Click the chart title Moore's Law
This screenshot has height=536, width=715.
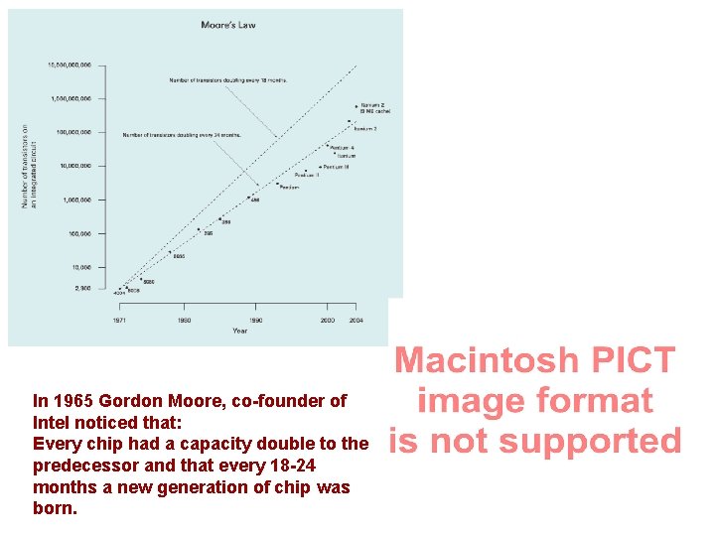tap(227, 25)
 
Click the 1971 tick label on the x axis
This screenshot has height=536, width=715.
tap(118, 321)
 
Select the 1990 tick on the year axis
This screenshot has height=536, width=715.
tap(255, 321)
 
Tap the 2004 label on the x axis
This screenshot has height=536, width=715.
tap(356, 321)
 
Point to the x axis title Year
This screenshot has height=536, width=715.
tap(240, 332)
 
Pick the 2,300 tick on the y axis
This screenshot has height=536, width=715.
tap(82, 288)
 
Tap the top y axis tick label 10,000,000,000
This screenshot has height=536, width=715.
tap(71, 66)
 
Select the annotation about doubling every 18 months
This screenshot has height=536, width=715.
tap(227, 79)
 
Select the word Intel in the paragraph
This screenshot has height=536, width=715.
tap(52, 423)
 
